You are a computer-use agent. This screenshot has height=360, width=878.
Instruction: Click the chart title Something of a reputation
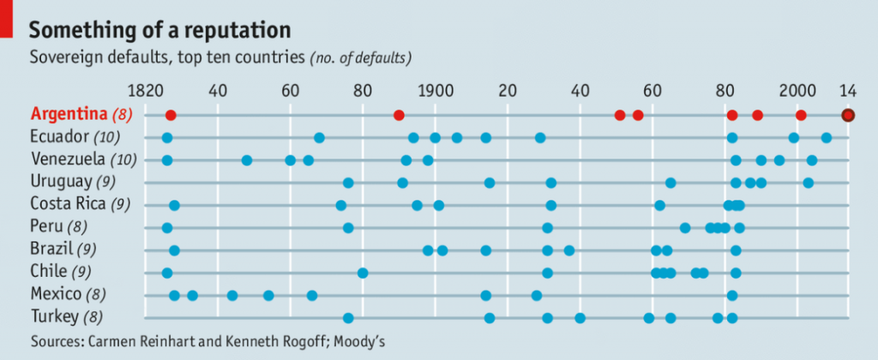click(160, 30)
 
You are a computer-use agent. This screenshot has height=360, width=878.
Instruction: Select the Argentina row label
click(81, 114)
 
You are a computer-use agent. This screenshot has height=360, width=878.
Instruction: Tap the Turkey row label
click(68, 317)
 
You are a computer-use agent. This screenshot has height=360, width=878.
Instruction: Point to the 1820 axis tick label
click(143, 90)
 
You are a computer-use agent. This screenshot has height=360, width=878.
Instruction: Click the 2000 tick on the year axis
click(798, 90)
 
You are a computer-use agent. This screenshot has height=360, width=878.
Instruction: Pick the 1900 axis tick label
click(435, 90)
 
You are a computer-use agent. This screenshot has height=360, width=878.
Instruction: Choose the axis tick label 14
click(848, 90)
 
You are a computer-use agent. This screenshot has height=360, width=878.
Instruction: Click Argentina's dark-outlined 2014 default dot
click(848, 115)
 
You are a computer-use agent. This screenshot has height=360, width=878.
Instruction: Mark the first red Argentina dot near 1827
click(171, 115)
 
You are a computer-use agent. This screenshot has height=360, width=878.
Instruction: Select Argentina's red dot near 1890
click(399, 115)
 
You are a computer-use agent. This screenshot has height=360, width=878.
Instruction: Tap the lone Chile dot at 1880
click(363, 273)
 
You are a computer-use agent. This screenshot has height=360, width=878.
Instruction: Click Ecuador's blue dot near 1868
click(319, 138)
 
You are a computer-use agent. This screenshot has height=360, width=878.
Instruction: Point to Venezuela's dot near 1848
click(247, 160)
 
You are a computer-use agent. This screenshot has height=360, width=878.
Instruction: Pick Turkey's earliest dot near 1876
click(348, 318)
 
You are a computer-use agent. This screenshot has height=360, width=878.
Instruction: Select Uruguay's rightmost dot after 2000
click(808, 183)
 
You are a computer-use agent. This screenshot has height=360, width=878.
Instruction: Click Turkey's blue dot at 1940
click(580, 318)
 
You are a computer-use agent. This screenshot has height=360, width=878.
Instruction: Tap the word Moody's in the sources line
click(359, 341)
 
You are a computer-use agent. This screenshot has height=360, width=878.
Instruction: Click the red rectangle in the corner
click(6, 18)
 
